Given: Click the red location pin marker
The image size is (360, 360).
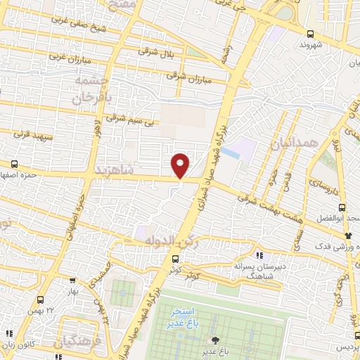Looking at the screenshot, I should tap(181, 165).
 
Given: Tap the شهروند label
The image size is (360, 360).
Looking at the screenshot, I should tap(310, 44).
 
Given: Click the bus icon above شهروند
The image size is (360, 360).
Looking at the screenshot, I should tap(310, 34).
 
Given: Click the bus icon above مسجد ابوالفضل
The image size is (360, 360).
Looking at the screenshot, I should tap(342, 207).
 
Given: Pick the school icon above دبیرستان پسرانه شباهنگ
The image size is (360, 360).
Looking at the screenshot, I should tap(259, 255).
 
